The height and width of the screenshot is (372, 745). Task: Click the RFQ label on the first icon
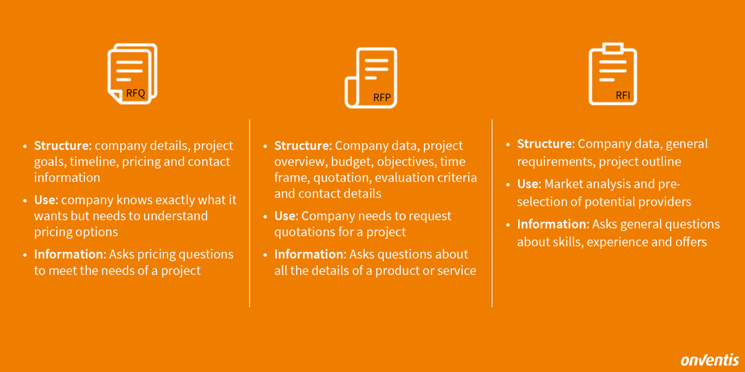click(135, 93)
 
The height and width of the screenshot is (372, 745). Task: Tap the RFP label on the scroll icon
click(382, 98)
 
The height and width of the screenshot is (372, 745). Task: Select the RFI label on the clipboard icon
click(623, 95)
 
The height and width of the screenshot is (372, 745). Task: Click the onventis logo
click(710, 360)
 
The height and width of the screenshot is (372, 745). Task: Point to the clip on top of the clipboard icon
click(613, 48)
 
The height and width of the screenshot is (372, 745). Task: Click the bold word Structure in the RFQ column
click(62, 146)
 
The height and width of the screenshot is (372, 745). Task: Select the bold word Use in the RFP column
click(285, 216)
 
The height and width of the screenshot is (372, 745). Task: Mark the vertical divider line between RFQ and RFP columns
click(250, 213)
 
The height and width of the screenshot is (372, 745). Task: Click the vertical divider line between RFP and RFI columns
click(492, 213)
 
